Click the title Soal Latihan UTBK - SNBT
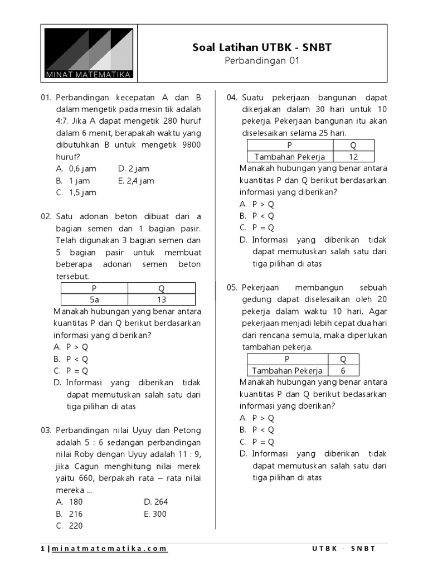tap(261, 47)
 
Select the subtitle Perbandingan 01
tap(261, 61)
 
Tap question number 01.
tap(46, 97)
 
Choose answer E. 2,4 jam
tap(136, 181)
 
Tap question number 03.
tap(46, 430)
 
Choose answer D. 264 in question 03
tap(155, 502)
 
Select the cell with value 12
tap(353, 157)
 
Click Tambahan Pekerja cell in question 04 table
tap(290, 157)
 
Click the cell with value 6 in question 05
tap(343, 371)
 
